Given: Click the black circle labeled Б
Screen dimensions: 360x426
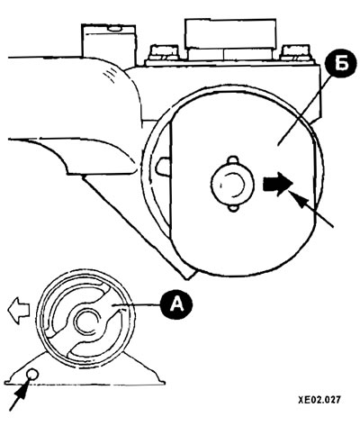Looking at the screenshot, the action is [341, 66].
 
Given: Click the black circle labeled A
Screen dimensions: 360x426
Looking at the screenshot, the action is [176, 306].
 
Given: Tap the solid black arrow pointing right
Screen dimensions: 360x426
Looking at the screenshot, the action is [277, 184].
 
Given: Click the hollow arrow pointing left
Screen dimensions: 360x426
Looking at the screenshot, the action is [18, 311].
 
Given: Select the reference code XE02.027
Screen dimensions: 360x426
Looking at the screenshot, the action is [319, 400].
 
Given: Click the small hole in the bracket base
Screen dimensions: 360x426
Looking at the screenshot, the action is [32, 374].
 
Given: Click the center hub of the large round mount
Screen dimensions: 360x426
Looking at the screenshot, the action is [232, 184].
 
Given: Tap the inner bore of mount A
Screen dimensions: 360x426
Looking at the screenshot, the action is [87, 322].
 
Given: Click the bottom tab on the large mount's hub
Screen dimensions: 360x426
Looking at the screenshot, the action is [233, 207].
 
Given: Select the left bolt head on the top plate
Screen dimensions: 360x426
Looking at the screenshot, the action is [165, 52].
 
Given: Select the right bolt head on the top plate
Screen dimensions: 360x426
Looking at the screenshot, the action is [296, 52].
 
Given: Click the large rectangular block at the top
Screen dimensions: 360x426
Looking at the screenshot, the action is [230, 33].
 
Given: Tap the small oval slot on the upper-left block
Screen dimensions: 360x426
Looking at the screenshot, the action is [114, 29].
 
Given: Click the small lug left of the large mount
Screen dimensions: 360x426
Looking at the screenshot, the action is [163, 166].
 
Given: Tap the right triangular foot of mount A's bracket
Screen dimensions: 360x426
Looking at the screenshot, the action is [145, 368].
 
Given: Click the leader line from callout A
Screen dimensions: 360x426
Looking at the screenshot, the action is [139, 305].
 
